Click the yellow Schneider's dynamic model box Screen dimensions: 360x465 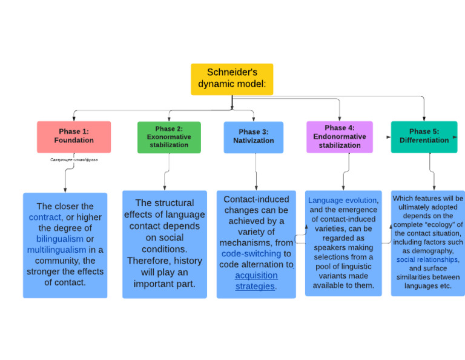point(232,79)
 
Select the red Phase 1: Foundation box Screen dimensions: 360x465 point(74,136)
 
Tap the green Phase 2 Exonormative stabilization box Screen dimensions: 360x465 point(169,137)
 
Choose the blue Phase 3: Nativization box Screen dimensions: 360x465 point(254,136)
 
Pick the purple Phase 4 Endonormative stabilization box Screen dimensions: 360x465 point(339,137)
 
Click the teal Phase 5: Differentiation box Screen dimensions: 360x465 point(424,136)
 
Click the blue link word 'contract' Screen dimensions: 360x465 point(45,217)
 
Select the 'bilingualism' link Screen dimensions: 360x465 point(59,239)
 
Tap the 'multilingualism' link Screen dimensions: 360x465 point(56,250)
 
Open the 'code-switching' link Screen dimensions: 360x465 point(251,253)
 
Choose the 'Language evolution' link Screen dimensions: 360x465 point(343,200)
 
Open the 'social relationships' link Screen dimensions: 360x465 point(427,259)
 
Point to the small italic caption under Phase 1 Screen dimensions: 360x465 point(73,160)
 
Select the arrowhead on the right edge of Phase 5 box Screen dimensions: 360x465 point(455,137)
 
